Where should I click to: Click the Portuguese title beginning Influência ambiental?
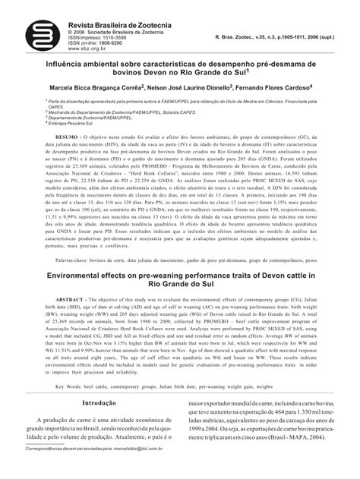179,66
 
